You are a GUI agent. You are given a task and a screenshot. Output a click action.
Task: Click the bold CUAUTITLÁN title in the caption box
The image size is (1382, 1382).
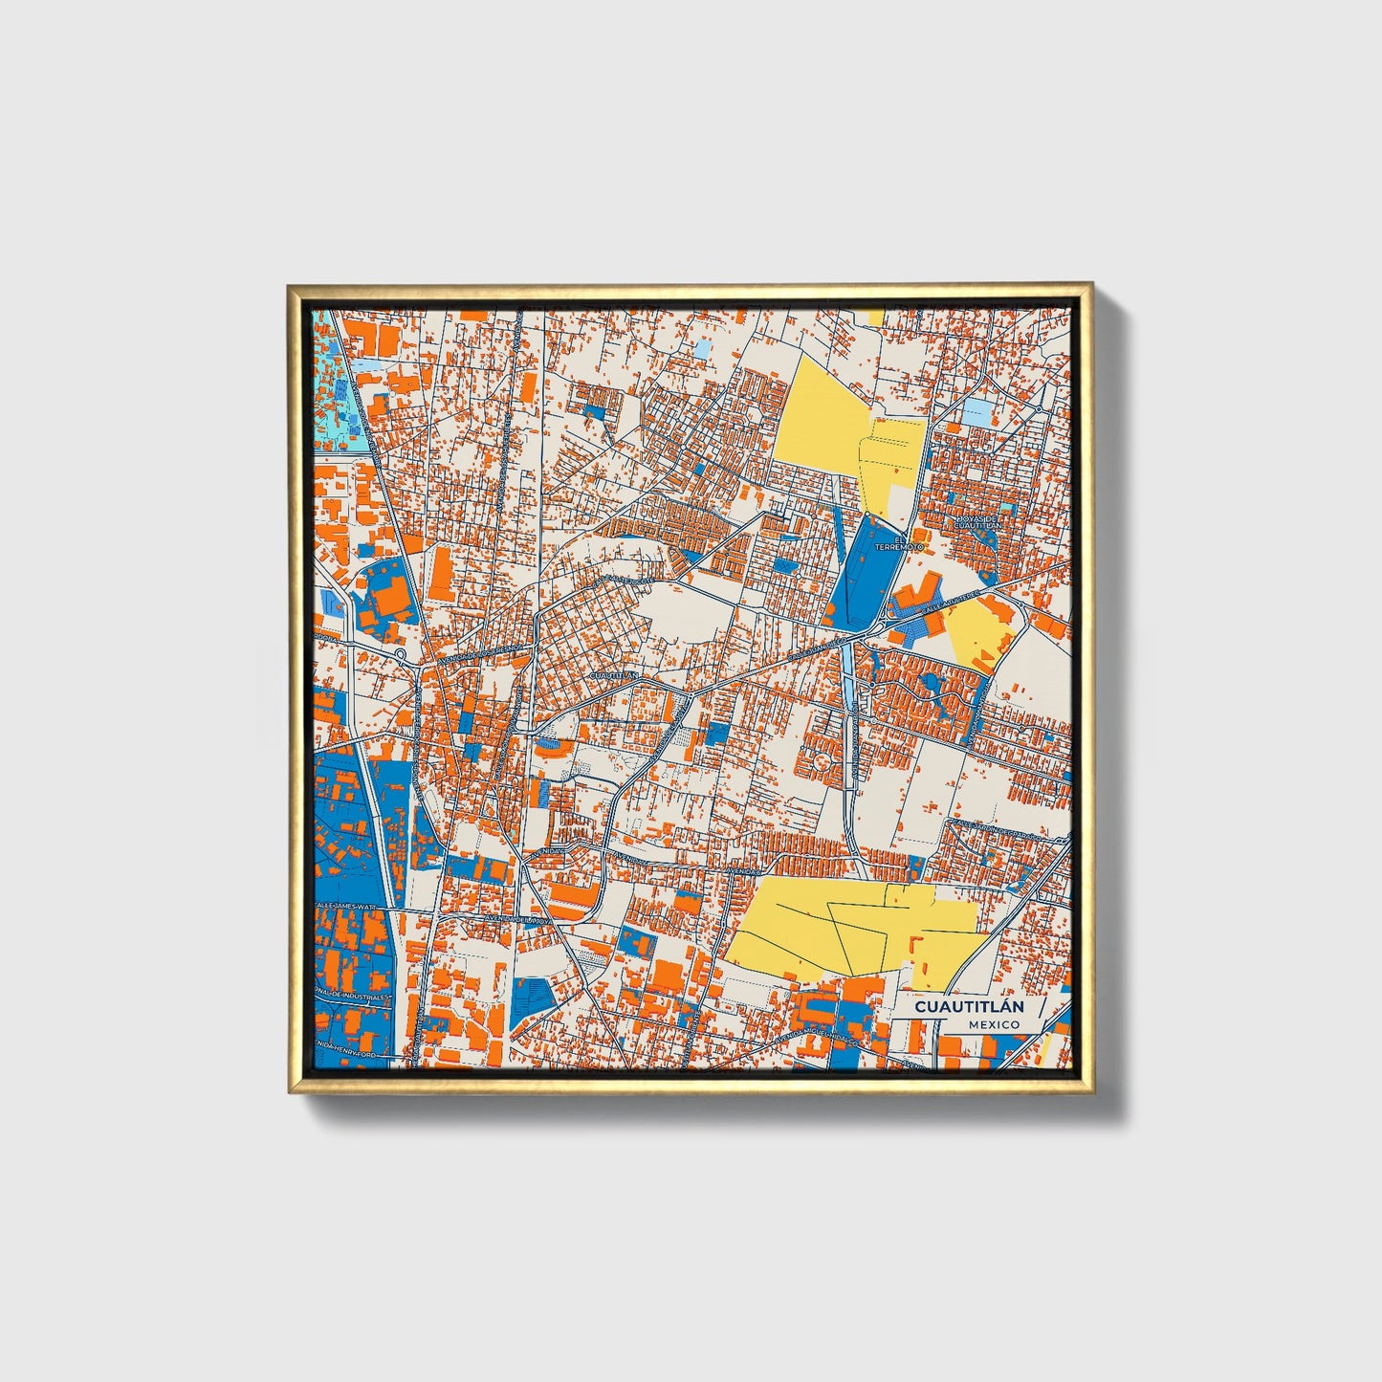(x=968, y=1007)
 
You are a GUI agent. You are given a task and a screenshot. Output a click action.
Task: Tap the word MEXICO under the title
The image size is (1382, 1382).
(x=993, y=1024)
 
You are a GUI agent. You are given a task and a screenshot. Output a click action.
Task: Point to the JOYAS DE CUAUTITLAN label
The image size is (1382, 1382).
(x=977, y=522)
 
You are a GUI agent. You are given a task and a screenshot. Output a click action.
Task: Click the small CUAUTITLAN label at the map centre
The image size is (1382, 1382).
(x=614, y=674)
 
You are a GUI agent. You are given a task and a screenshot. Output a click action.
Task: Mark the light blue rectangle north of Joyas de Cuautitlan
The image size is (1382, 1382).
(x=977, y=413)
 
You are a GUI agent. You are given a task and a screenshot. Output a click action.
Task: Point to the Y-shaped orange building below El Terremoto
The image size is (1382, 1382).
(x=919, y=591)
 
